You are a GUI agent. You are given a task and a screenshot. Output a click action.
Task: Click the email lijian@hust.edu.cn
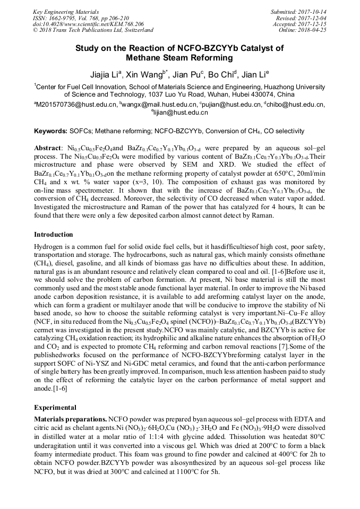tap(181, 113)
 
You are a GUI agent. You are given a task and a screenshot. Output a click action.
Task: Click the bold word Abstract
tap(48, 147)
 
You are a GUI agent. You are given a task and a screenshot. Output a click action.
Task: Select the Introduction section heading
tap(54, 234)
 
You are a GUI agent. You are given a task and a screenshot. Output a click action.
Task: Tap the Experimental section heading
tap(55, 408)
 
